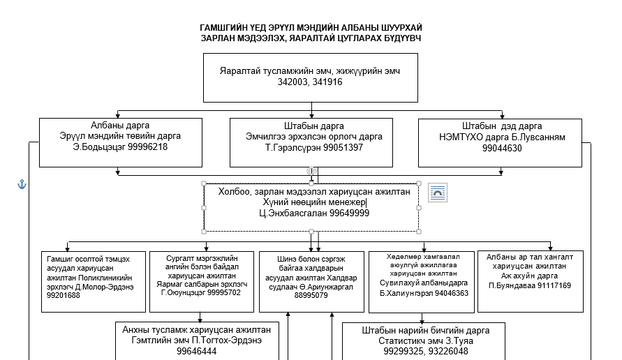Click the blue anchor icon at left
point(22,184)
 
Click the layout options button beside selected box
point(438,193)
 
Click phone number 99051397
point(343,148)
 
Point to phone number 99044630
point(502,149)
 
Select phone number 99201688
point(63,295)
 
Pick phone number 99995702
point(223,292)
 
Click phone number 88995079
point(311,295)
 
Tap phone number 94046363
point(452,294)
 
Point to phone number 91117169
point(554,285)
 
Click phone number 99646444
point(196,351)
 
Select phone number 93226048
point(448,351)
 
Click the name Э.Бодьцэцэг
point(94,147)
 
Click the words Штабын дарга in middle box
point(313,126)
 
